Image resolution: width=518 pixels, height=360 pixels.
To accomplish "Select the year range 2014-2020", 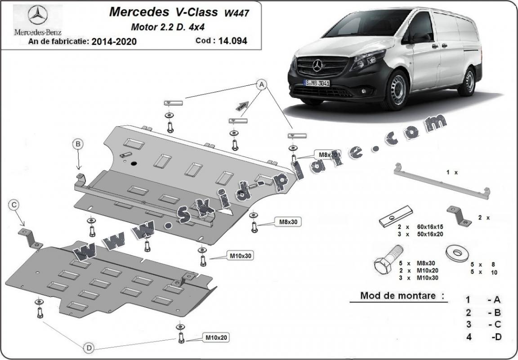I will tap(114, 42).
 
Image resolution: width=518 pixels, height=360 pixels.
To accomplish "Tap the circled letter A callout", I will tap(261, 84).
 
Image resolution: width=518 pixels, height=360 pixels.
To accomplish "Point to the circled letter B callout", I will tap(78, 144).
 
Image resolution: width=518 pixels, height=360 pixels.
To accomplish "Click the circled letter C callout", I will tap(14, 205).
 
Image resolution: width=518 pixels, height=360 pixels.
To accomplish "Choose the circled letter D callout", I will tap(89, 347).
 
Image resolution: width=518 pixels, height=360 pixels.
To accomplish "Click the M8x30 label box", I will tap(289, 221).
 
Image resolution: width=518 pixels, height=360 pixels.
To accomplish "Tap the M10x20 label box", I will tap(216, 337).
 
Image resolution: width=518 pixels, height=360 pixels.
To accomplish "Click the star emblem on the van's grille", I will tap(318, 66).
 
